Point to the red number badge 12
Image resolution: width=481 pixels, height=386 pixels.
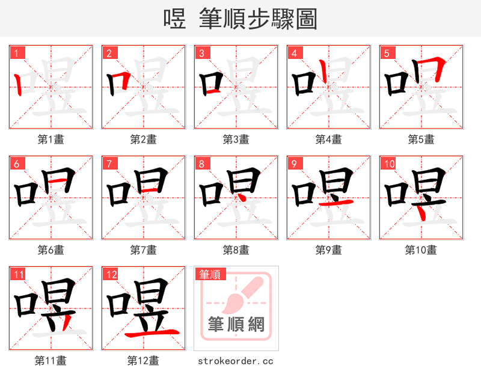click(110, 275)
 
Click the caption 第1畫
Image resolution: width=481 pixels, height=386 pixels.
click(51, 139)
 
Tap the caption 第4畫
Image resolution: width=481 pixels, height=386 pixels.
click(329, 139)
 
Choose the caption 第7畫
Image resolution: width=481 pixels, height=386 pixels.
click(144, 250)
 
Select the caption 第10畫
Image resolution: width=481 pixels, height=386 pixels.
click(421, 250)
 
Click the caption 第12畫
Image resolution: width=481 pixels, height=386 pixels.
click(143, 361)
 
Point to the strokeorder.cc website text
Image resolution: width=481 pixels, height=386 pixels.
click(236, 361)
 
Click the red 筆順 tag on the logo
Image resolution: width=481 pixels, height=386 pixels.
click(210, 275)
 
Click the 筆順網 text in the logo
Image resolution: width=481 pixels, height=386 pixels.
click(236, 325)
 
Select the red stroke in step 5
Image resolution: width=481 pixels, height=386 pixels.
click(436, 66)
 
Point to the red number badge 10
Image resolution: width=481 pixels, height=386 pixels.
click(390, 164)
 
